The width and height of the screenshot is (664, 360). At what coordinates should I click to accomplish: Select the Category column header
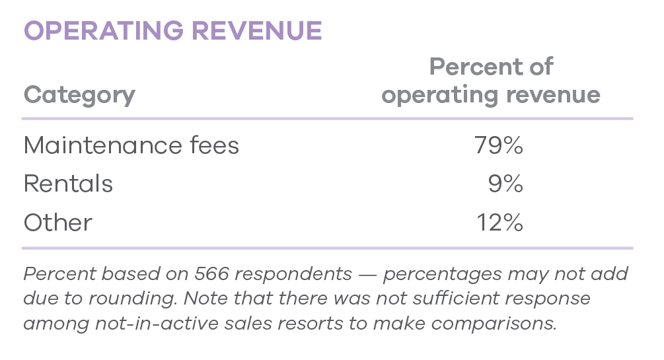pyautogui.click(x=79, y=95)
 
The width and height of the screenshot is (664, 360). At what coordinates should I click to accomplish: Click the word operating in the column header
pyautogui.click(x=438, y=95)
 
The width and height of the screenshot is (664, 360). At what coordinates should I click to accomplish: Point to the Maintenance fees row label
pyautogui.click(x=131, y=145)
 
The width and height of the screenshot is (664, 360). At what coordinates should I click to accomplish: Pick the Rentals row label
pyautogui.click(x=68, y=184)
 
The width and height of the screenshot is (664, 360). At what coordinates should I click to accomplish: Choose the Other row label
pyautogui.click(x=58, y=223)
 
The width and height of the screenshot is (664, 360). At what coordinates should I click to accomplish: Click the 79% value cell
pyautogui.click(x=499, y=145)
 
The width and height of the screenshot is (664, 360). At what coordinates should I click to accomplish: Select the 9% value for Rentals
pyautogui.click(x=505, y=184)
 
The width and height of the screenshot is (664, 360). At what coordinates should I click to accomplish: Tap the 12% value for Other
pyautogui.click(x=499, y=223)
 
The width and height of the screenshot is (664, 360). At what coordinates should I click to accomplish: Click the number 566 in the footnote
pyautogui.click(x=212, y=273)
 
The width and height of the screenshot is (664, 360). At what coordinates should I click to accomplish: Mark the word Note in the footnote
pyautogui.click(x=202, y=299)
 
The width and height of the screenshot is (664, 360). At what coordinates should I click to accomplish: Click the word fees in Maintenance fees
pyautogui.click(x=215, y=145)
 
